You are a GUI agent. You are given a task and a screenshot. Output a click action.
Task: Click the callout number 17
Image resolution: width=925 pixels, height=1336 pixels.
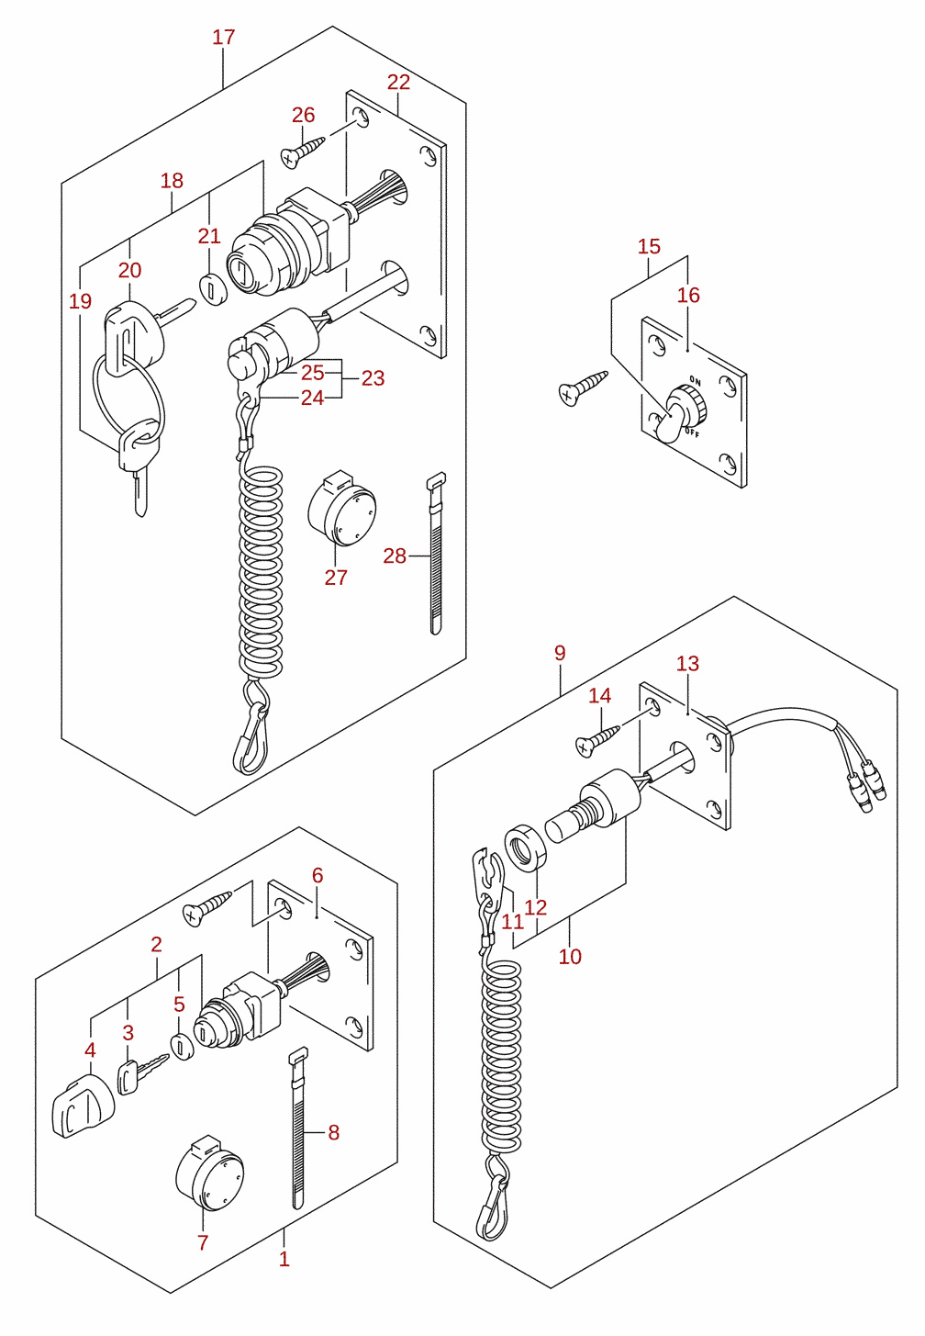(x=224, y=38)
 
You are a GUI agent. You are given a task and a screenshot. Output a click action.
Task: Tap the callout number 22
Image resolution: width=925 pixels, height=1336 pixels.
(x=399, y=83)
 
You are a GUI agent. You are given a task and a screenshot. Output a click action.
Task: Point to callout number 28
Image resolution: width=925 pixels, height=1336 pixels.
(x=395, y=556)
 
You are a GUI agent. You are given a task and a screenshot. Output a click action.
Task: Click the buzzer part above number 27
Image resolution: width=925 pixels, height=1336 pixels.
(x=341, y=508)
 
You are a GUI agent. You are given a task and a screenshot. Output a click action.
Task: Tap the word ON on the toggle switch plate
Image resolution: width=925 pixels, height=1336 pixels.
(x=695, y=379)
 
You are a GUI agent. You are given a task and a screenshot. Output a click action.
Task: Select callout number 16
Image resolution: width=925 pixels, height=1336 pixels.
(x=688, y=295)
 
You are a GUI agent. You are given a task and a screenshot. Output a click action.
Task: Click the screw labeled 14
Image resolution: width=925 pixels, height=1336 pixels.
(x=597, y=739)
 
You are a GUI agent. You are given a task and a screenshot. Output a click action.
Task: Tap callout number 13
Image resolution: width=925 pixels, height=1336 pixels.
(x=688, y=663)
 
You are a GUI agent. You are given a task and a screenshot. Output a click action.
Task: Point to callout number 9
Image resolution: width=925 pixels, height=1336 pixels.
(x=560, y=653)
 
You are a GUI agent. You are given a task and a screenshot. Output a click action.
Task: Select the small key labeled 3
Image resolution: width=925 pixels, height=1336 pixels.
(x=142, y=1076)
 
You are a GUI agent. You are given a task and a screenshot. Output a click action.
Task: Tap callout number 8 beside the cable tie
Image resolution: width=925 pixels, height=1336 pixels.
(x=334, y=1133)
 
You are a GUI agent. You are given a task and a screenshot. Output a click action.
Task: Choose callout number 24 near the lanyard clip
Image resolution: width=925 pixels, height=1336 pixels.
(x=312, y=398)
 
